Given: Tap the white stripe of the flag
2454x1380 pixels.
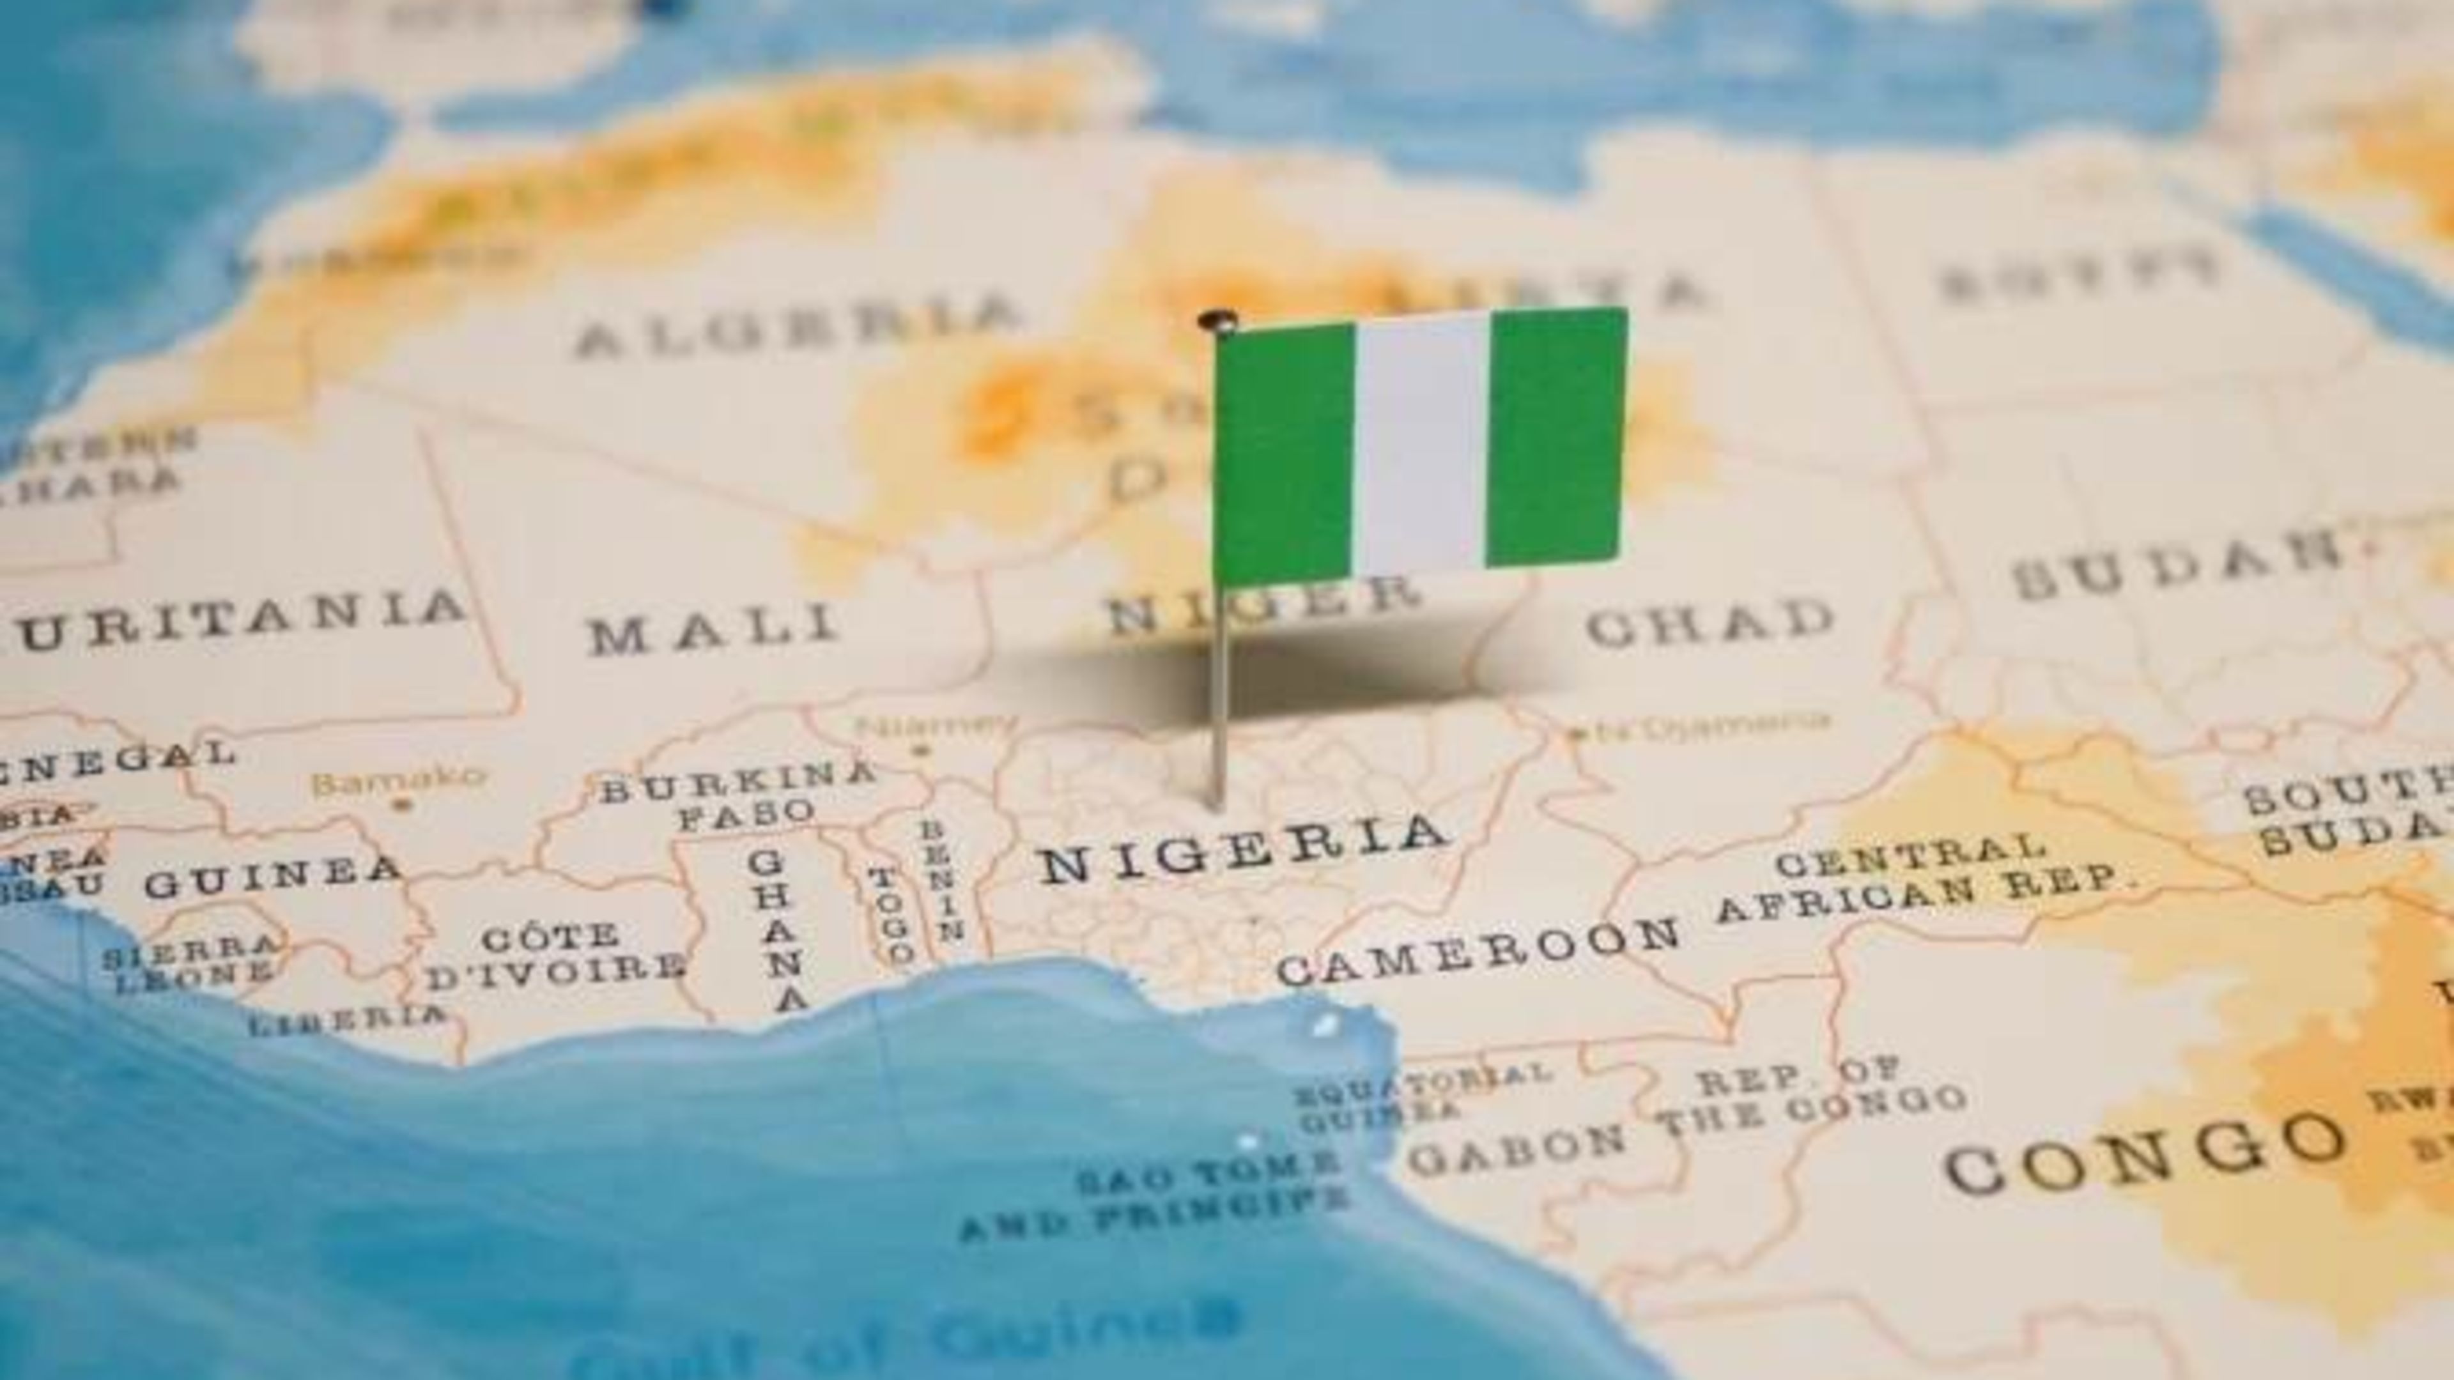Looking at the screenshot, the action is coord(1419,443).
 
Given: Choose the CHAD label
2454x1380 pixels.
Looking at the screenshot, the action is coord(1710,624).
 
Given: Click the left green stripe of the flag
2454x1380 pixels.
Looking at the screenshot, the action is coord(1284,452).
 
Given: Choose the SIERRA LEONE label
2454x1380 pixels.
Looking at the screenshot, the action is coord(190,962).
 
